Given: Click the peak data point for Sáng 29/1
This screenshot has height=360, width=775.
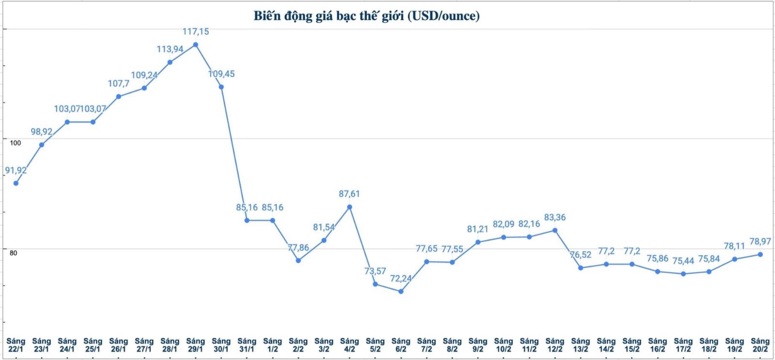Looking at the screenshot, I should [x=196, y=45].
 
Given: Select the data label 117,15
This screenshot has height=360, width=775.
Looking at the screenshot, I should [x=196, y=32].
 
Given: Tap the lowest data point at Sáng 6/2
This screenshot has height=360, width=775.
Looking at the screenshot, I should [x=401, y=291].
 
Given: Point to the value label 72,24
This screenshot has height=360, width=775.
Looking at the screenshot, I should [x=401, y=279].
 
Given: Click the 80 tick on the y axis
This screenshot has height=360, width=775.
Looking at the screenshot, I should [x=13, y=253].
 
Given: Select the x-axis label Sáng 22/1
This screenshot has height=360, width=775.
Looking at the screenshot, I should [x=16, y=345].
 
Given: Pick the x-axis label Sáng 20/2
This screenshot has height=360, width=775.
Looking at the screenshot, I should [x=760, y=345].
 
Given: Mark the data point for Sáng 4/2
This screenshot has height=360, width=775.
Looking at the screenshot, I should [x=349, y=207].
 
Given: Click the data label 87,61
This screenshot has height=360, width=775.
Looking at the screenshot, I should [x=349, y=194].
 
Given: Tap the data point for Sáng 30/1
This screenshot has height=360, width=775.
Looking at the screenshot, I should [x=221, y=87].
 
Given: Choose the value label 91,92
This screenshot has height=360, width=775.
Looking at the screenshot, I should [x=16, y=171].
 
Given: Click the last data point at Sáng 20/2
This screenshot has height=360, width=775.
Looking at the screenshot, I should [x=760, y=254].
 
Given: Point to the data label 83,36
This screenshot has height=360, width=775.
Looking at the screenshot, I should [x=555, y=218].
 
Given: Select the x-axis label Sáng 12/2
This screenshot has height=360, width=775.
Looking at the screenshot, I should [x=555, y=345].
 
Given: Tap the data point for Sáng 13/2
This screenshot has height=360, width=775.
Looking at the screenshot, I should [x=580, y=268].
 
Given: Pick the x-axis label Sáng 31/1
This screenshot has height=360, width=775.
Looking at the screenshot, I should [x=247, y=345].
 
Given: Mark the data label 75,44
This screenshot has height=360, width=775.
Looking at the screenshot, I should [x=683, y=261].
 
